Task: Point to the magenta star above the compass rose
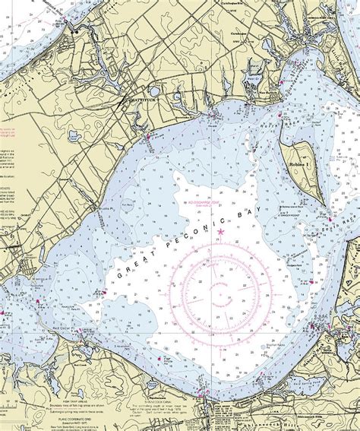[x=221, y=230]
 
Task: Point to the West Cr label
[x=256, y=78]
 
